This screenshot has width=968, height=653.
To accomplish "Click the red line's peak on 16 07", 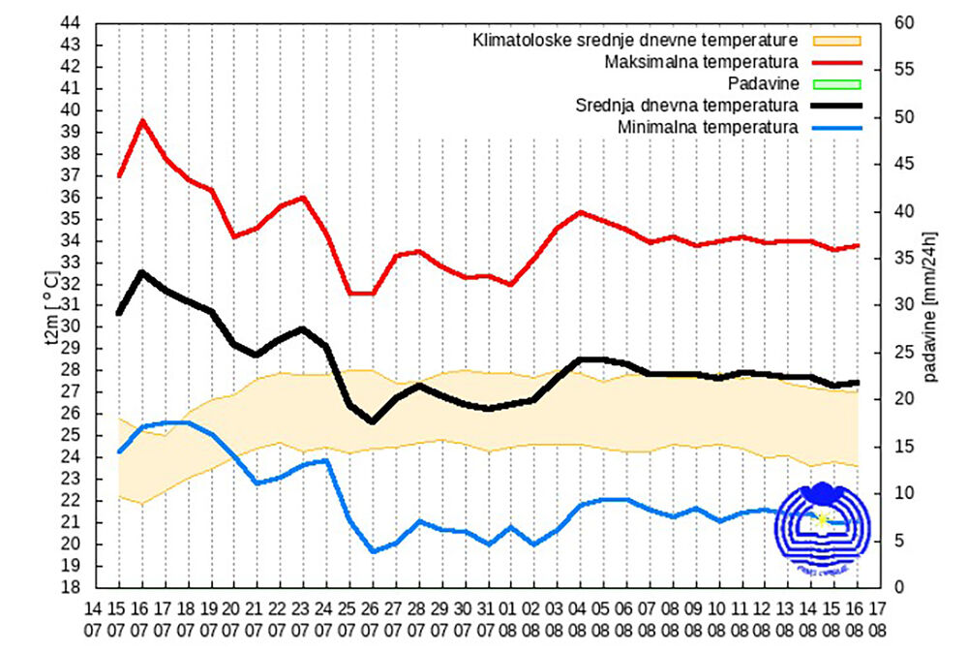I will [x=142, y=120].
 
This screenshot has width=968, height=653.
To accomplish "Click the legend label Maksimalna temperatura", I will [x=701, y=62].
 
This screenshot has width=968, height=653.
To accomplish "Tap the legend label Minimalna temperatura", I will [x=707, y=126].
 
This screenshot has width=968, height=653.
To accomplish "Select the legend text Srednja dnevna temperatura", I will [x=686, y=105].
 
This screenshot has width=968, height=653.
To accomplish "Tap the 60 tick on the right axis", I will [x=902, y=23].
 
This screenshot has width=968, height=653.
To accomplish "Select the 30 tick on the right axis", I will [x=902, y=305].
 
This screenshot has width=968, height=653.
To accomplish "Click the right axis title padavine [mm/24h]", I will [x=931, y=305].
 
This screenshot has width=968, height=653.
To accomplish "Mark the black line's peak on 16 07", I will [x=142, y=272].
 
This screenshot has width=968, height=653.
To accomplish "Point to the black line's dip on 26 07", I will [x=373, y=421].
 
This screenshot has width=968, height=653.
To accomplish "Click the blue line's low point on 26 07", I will [x=373, y=552].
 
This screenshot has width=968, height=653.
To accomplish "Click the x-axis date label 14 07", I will [x=94, y=620].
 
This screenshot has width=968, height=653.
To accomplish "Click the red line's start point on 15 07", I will [x=118, y=176].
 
